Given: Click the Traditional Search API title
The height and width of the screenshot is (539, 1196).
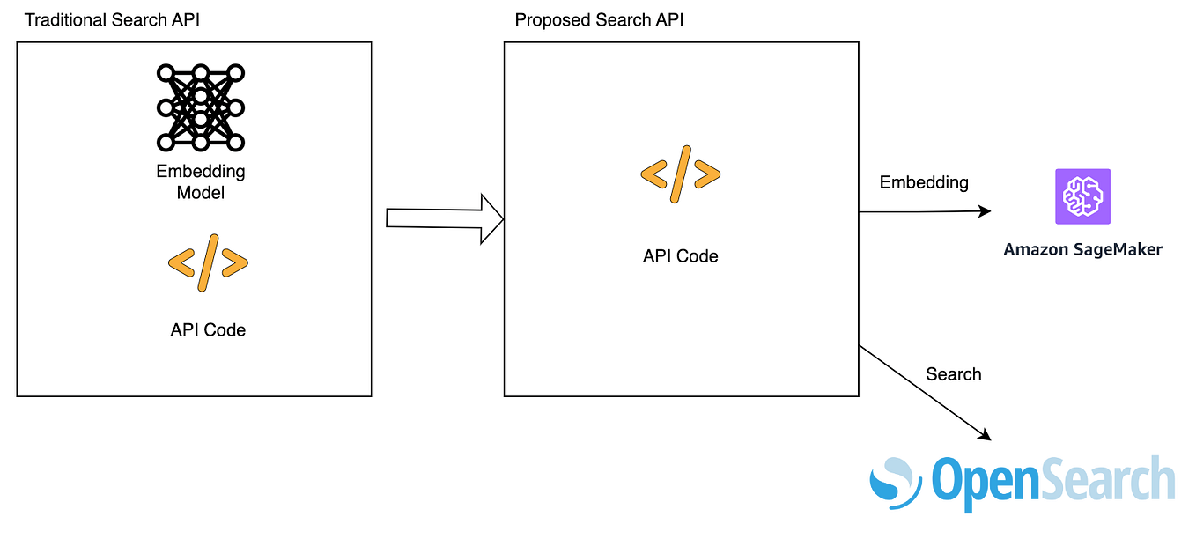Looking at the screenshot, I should pyautogui.click(x=112, y=19).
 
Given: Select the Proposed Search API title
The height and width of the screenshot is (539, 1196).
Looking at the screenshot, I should pyautogui.click(x=599, y=19).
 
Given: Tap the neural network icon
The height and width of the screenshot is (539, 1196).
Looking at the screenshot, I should pyautogui.click(x=201, y=107).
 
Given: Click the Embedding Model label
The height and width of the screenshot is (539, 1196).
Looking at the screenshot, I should pyautogui.click(x=201, y=181).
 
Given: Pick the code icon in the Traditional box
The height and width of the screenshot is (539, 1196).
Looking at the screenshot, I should pyautogui.click(x=208, y=262).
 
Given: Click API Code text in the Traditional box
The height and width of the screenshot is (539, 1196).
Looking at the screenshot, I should pyautogui.click(x=208, y=330).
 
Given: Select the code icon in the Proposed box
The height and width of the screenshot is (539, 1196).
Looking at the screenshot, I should pyautogui.click(x=680, y=174).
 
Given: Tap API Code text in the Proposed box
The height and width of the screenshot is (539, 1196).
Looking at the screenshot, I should pyautogui.click(x=680, y=256).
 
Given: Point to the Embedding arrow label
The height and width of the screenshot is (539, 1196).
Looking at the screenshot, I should pyautogui.click(x=924, y=182).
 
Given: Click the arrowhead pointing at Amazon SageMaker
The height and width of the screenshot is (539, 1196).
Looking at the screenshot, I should pyautogui.click(x=985, y=211).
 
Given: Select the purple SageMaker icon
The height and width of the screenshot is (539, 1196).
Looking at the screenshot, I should pyautogui.click(x=1082, y=196).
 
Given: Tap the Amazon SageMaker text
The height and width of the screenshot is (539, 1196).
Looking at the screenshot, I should pyautogui.click(x=1082, y=250).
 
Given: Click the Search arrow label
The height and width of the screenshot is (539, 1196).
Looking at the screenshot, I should pyautogui.click(x=953, y=374).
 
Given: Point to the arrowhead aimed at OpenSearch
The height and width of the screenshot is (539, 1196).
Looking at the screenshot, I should pyautogui.click(x=985, y=435).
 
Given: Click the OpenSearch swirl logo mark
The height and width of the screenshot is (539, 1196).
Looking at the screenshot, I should pyautogui.click(x=895, y=480).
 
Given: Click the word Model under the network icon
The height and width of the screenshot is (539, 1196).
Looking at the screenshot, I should pyautogui.click(x=201, y=192).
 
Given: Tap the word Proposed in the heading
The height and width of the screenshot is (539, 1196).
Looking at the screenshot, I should pyautogui.click(x=548, y=19).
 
